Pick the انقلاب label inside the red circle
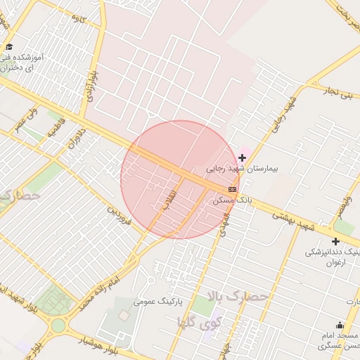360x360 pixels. (x=169, y=200)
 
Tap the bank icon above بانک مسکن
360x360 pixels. (x=232, y=190)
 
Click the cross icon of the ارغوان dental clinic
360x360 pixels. (x=335, y=241)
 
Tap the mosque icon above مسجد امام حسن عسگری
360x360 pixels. (x=340, y=325)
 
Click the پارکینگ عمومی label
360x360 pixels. (x=158, y=301)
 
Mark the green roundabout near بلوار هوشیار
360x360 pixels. (x=57, y=326)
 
